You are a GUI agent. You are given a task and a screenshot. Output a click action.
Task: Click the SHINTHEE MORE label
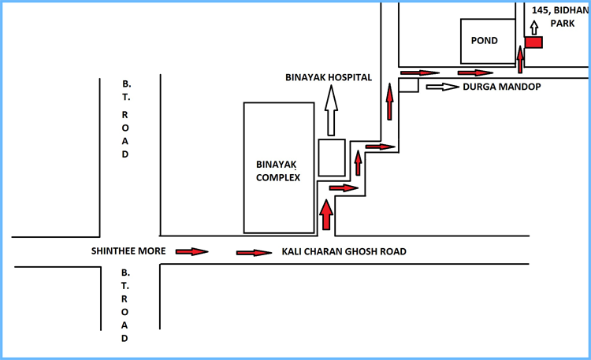[x=128, y=252]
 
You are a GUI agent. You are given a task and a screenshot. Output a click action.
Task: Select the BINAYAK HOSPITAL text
[x=329, y=77]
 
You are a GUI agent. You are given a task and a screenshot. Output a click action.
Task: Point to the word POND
[x=485, y=41]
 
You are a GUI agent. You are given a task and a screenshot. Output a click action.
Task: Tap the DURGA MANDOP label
[x=501, y=87]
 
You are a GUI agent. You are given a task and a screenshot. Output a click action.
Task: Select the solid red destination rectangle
[x=534, y=42]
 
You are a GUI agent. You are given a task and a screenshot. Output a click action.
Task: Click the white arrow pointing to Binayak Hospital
[x=331, y=111]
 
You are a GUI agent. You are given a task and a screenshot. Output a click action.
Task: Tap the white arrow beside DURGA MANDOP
[x=442, y=87]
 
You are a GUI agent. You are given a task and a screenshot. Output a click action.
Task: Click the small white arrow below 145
[x=533, y=29]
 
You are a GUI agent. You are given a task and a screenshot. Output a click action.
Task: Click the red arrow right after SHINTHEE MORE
[x=191, y=252]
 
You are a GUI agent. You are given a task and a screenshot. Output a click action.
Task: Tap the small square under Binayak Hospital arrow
[x=331, y=158]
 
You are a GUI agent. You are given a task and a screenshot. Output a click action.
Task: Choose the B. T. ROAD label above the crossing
[x=125, y=118]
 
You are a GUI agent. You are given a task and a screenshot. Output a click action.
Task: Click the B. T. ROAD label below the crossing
[x=125, y=305]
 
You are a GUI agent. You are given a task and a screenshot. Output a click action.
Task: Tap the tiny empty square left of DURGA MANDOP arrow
[x=408, y=85]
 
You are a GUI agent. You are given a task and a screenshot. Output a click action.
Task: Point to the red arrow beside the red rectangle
[x=520, y=58]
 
